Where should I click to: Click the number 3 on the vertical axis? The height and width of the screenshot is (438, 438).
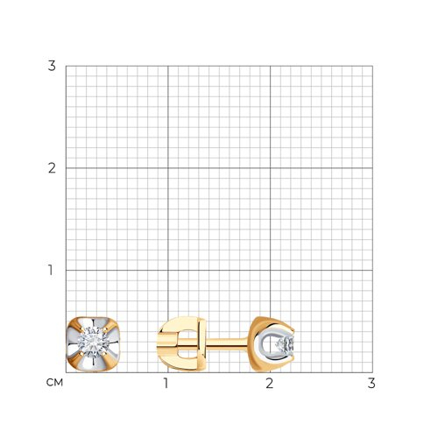pos(52,66)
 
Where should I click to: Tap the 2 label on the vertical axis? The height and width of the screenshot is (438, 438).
pos(52,168)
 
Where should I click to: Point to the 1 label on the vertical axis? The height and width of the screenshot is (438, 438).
pos(51,270)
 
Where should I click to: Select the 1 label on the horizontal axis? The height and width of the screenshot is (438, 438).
pos(166,383)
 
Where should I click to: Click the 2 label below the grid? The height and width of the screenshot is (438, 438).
pos(269,383)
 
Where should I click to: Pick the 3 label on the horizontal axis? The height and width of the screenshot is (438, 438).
pos(371,383)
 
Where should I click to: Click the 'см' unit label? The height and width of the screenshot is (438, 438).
pos(54,382)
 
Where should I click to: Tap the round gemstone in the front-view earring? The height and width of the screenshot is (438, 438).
pos(94,343)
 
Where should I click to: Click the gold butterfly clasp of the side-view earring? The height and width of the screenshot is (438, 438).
pos(181,343)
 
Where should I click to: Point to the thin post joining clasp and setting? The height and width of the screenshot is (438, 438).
pos(227,343)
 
